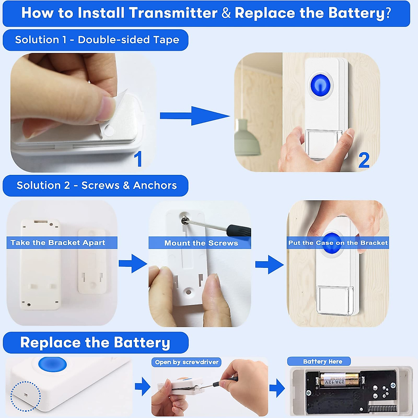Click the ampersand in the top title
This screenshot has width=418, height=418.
(x=226, y=13)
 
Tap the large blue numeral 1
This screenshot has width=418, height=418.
(x=138, y=159)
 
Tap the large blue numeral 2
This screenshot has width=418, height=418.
(x=364, y=160)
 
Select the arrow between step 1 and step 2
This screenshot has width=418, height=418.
(x=195, y=116)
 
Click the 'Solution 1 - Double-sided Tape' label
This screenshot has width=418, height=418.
(x=97, y=40)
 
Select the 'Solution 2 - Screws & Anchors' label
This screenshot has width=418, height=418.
(x=97, y=185)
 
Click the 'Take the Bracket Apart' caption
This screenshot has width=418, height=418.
(x=58, y=242)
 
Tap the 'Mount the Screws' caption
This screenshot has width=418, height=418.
(x=201, y=243)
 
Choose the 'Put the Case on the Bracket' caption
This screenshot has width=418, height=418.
(x=338, y=243)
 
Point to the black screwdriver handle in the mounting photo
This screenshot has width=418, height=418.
(x=239, y=231)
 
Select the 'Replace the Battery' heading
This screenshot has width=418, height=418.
(x=95, y=342)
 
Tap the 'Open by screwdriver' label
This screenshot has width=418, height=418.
(x=187, y=362)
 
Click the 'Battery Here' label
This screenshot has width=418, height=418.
(x=323, y=361)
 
